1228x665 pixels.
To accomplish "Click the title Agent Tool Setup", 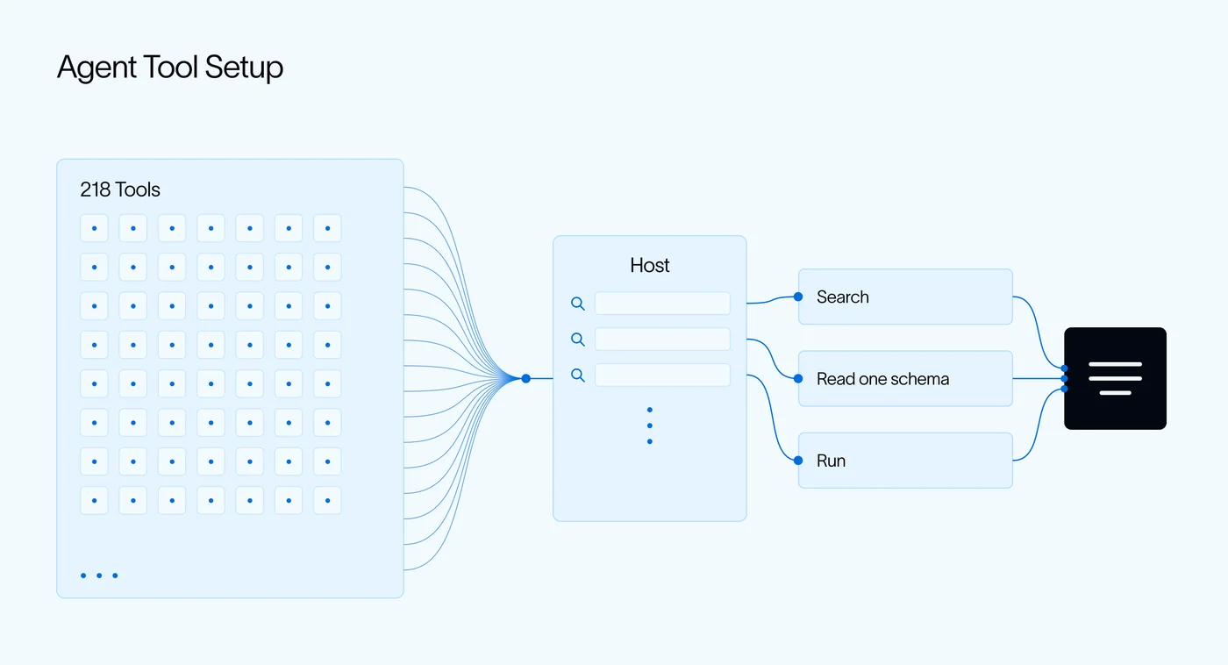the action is coord(170,68).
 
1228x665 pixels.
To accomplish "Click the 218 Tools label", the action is coord(120,189).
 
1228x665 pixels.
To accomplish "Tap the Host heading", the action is coord(650,265).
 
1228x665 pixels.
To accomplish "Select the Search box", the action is coord(905,297).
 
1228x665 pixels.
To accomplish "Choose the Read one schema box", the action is coord(905,378).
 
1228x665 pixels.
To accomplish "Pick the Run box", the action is coord(905,461).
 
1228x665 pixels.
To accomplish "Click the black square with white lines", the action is coord(1115,378).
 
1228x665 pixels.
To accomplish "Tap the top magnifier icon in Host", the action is coord(578,304).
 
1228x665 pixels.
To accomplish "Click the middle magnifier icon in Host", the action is coord(578,340).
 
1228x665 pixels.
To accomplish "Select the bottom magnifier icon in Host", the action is coord(578,375).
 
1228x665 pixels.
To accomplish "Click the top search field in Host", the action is coord(662,304).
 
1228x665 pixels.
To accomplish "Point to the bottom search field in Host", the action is coord(662,375).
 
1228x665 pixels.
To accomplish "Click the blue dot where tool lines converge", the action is coord(525,378).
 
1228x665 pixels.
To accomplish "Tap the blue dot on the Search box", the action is coord(798,297).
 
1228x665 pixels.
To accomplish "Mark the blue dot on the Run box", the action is coord(798,461).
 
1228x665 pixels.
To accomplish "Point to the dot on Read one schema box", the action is coord(798,378).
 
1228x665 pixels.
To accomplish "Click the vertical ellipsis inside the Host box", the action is coord(650,425).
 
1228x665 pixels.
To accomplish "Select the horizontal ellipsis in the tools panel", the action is coord(99,576).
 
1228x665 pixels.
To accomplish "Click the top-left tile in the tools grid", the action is coord(95,228).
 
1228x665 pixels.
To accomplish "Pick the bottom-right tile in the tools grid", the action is coord(327,501).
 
